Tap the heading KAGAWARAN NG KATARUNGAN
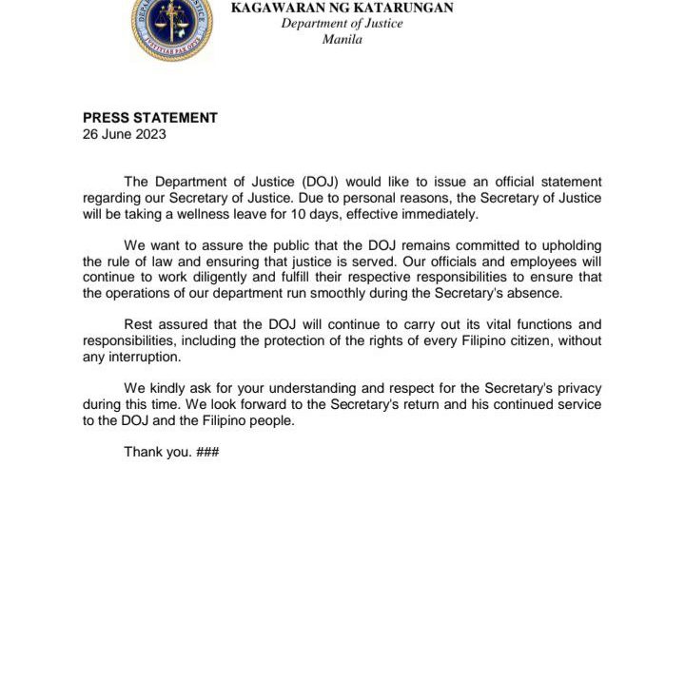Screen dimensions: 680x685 [342, 8]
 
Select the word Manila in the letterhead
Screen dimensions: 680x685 [342, 39]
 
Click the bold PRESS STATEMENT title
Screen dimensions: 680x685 [150, 118]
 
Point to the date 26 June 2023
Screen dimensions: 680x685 [125, 134]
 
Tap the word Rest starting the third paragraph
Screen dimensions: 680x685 [139, 324]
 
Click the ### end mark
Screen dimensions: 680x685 [207, 452]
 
